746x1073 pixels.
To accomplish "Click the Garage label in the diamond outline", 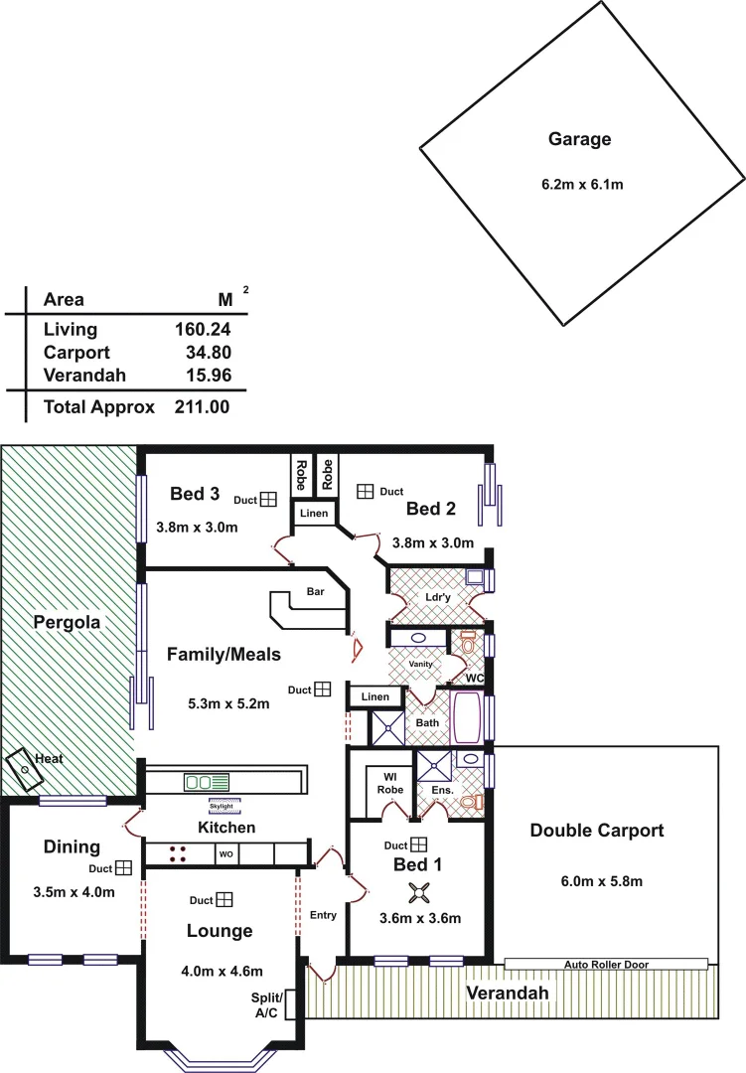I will [x=580, y=139].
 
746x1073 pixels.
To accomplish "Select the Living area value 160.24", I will [x=203, y=330].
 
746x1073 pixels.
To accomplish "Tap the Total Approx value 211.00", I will [x=203, y=406].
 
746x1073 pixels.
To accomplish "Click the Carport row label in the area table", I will [x=76, y=353].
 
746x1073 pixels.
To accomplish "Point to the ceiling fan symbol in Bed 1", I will [x=420, y=891].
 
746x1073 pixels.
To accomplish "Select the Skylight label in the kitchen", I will [x=224, y=807].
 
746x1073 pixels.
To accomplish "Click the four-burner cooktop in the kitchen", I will [x=180, y=853].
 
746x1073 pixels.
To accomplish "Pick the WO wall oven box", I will [x=225, y=853].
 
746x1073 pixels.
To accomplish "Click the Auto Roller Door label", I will [x=605, y=964].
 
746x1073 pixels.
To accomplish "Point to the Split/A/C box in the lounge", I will [x=267, y=1003].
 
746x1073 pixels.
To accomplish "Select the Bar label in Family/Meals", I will [x=315, y=592].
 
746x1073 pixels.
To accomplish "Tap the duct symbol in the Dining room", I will [x=123, y=867].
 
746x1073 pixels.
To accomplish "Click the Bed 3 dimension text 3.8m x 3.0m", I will [x=197, y=528].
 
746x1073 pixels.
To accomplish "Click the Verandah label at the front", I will [x=508, y=993].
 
